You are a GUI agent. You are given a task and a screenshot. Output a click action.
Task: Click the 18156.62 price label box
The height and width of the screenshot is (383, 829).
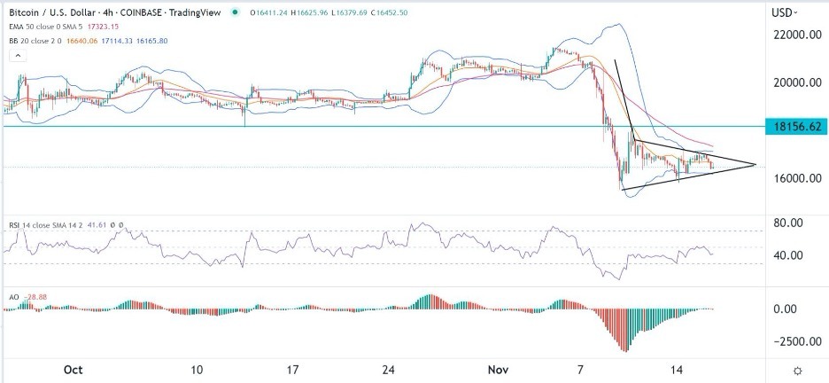click(797, 127)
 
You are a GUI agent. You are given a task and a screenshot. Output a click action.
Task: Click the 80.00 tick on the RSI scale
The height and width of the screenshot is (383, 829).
click(788, 223)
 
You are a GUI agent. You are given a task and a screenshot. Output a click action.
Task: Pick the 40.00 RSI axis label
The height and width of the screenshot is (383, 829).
click(788, 255)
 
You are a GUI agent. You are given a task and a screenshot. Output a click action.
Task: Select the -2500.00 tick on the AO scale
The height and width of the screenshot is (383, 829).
click(794, 341)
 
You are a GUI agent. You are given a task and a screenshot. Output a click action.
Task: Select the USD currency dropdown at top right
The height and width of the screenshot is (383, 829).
click(785, 13)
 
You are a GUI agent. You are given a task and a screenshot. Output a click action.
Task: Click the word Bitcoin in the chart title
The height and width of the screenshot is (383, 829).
click(24, 12)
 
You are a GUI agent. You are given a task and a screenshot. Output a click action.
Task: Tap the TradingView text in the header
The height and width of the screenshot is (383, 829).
click(196, 12)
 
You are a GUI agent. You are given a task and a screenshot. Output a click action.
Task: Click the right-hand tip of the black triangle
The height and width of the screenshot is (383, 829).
click(755, 164)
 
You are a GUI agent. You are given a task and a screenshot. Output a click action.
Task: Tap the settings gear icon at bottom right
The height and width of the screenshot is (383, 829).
click(797, 370)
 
